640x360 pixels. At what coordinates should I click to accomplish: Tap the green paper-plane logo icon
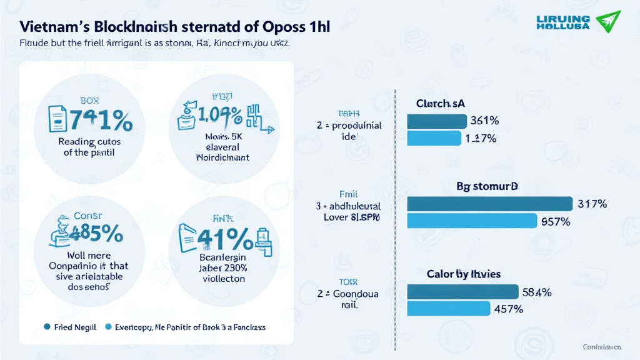point(607,21)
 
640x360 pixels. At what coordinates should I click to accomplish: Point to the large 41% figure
point(224,239)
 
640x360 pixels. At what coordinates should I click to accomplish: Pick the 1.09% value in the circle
point(221,115)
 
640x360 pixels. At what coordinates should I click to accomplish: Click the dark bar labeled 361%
point(437,121)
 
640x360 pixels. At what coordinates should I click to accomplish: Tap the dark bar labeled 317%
point(489,204)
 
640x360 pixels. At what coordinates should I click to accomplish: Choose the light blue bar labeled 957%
point(472,221)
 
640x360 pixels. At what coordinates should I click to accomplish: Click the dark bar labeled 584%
point(462,291)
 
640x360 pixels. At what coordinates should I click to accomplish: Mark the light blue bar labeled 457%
point(448,308)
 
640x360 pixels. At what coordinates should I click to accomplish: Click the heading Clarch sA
point(441,104)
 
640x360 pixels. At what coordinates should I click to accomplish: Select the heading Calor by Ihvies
point(464,274)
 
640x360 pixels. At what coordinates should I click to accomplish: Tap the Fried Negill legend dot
point(47,327)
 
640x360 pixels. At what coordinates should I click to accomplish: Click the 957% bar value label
point(556,221)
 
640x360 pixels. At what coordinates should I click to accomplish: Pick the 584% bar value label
point(537,292)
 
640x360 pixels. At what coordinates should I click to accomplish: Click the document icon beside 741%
point(57,118)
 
